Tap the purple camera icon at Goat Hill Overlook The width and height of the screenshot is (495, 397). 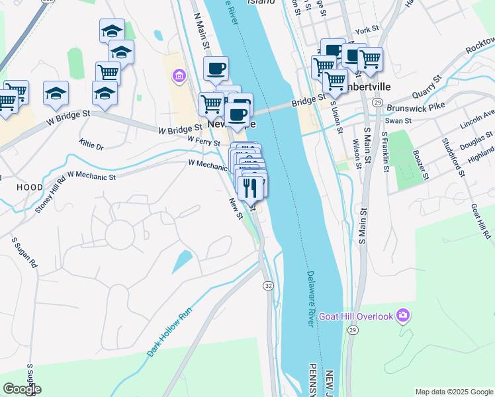pos(402,316)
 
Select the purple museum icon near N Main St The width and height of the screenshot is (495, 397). pos(179,77)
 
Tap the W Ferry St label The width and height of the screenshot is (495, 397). pos(204,141)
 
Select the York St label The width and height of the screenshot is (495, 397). pos(366,30)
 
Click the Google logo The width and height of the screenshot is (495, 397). pos(22,389)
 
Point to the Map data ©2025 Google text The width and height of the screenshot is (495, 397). pos(453,391)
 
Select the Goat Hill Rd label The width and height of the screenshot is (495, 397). pos(481,221)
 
